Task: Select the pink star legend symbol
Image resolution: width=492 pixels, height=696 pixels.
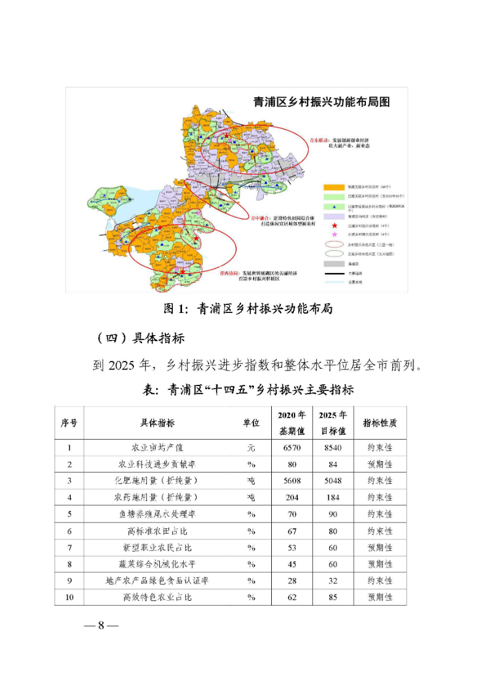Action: click(x=334, y=234)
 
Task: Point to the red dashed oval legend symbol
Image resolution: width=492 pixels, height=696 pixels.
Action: click(x=335, y=243)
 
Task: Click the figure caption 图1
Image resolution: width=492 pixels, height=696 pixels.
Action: click(x=247, y=309)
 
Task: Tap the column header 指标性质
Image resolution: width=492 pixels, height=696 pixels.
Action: click(x=379, y=423)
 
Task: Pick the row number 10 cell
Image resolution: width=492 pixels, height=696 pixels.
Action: click(x=69, y=597)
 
